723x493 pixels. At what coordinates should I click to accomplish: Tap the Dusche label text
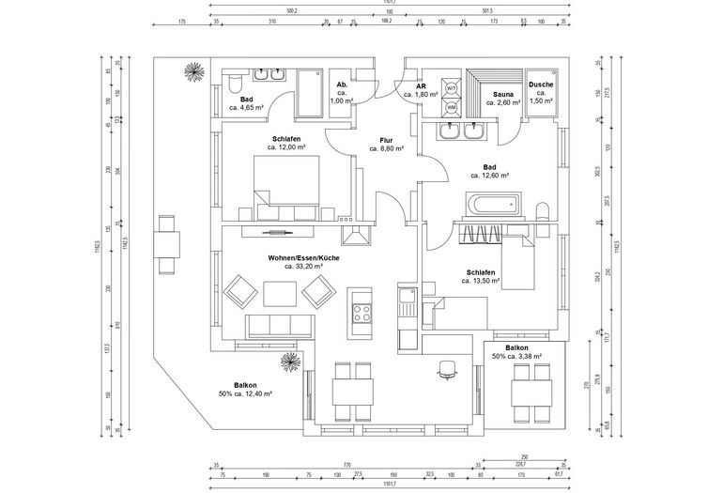(541, 85)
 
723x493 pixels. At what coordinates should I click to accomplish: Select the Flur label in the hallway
(385, 139)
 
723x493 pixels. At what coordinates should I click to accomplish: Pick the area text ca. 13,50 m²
(480, 281)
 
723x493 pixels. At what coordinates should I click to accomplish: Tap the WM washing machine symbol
(452, 107)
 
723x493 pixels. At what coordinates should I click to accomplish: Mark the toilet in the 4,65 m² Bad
(233, 87)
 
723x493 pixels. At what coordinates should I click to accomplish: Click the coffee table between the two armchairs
(280, 294)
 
